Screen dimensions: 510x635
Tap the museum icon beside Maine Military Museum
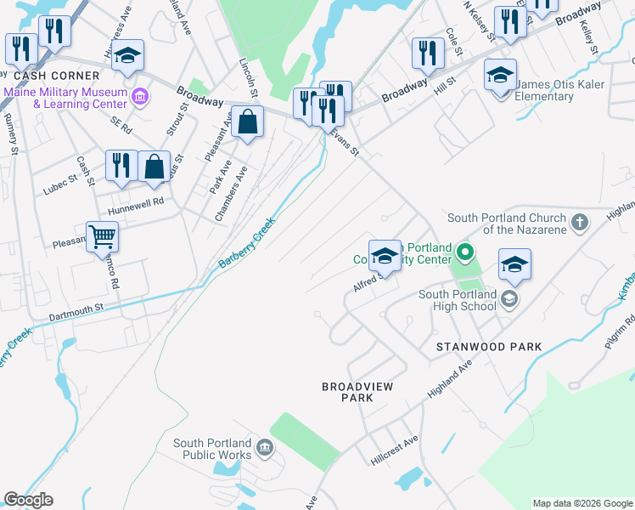coord(140,99)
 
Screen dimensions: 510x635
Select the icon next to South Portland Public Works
coord(264,448)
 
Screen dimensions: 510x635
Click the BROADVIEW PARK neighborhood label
coord(357,392)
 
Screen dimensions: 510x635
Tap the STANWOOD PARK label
coord(488,347)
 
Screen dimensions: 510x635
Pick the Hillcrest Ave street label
coord(395,450)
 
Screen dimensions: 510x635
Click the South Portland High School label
coord(456,302)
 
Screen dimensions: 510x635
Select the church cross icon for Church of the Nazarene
coord(579,223)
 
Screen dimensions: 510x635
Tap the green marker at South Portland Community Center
coord(464,252)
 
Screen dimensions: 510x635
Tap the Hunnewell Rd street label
coord(134,202)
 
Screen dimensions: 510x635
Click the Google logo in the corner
coord(28,500)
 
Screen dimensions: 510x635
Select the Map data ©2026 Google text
coord(582,503)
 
